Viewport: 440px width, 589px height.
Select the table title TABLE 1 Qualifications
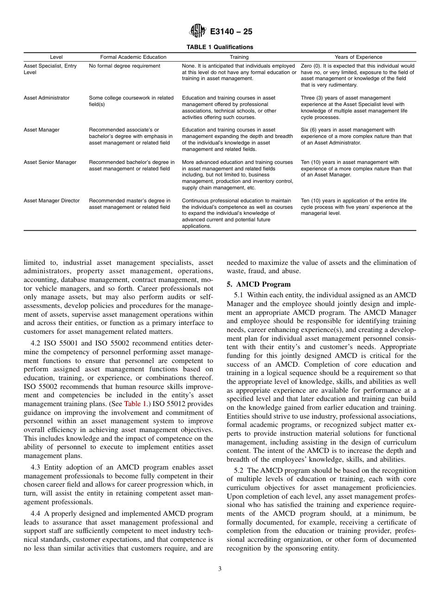click(220, 47)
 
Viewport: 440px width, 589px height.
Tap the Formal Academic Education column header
click(133, 57)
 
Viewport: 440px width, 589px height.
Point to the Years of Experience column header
click(358, 57)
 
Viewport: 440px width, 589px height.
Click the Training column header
click(239, 57)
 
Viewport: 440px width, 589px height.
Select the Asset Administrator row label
click(46, 98)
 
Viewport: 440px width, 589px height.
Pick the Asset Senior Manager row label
click(50, 162)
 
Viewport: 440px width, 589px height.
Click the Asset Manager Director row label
click(51, 201)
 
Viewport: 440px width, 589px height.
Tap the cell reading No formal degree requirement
click(125, 66)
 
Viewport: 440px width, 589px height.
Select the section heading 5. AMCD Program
click(258, 284)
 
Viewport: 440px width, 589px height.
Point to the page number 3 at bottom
click(220, 569)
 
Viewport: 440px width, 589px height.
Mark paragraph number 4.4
click(36, 501)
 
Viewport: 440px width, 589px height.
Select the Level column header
click(56, 57)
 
